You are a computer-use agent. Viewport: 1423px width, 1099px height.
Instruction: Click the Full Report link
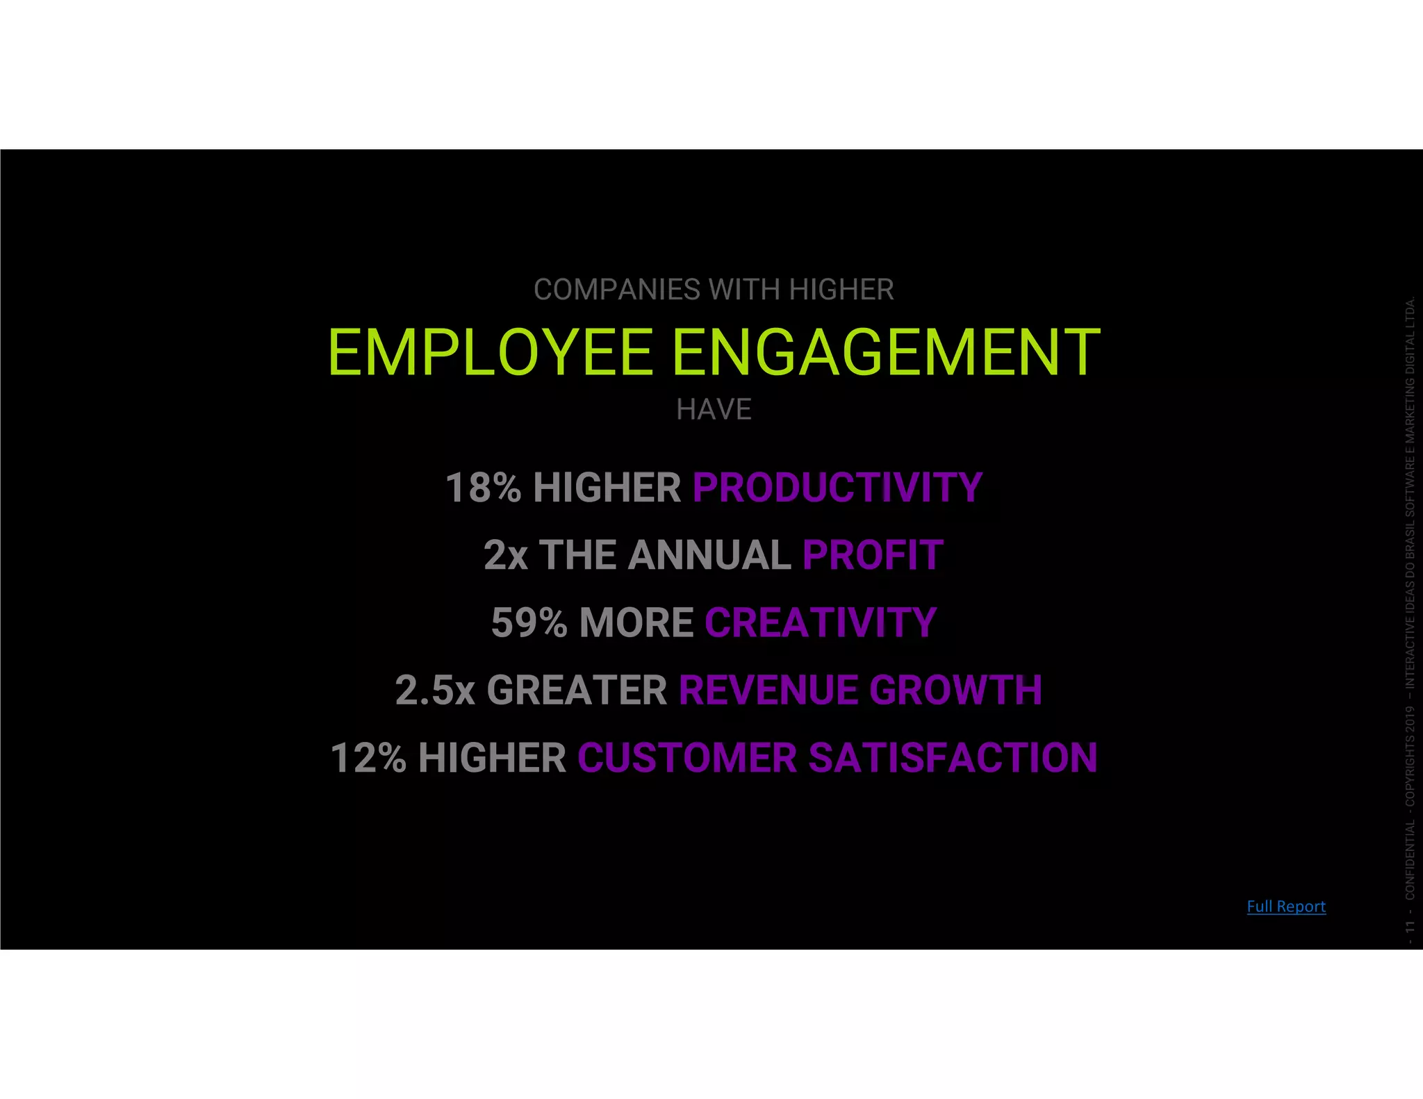(1285, 906)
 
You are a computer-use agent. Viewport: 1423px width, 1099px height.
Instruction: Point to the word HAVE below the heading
(714, 410)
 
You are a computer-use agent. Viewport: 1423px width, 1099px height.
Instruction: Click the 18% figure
(483, 488)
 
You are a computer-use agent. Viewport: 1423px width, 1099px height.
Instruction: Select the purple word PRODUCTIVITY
(837, 488)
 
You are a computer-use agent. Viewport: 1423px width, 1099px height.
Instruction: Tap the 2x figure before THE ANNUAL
(505, 555)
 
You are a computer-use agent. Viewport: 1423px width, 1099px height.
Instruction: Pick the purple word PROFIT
(873, 555)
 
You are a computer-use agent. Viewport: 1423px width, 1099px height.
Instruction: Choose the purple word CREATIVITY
(821, 622)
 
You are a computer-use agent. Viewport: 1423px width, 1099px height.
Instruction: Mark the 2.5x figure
(435, 690)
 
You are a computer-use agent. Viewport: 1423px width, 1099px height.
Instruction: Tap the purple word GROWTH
(955, 690)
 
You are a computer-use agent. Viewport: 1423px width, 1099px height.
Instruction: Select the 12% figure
(368, 757)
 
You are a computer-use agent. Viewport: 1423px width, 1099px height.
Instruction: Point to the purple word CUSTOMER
(686, 757)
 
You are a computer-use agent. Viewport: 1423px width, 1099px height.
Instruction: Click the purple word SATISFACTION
(953, 757)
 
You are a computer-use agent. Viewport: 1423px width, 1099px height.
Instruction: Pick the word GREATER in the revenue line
(577, 690)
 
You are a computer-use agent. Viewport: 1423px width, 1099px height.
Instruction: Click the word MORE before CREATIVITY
(636, 622)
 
